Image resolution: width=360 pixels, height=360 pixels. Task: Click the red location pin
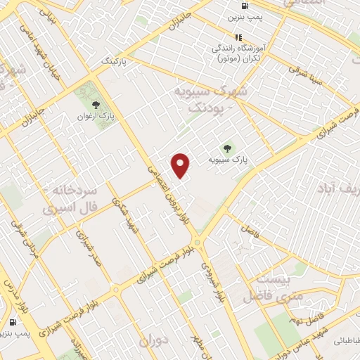181,165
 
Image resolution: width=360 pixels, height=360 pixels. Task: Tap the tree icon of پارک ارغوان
95,105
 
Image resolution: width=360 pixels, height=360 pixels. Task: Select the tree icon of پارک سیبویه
226,148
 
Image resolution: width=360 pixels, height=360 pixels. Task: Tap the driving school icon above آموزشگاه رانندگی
238,37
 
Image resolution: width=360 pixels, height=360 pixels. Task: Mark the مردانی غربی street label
24,239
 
